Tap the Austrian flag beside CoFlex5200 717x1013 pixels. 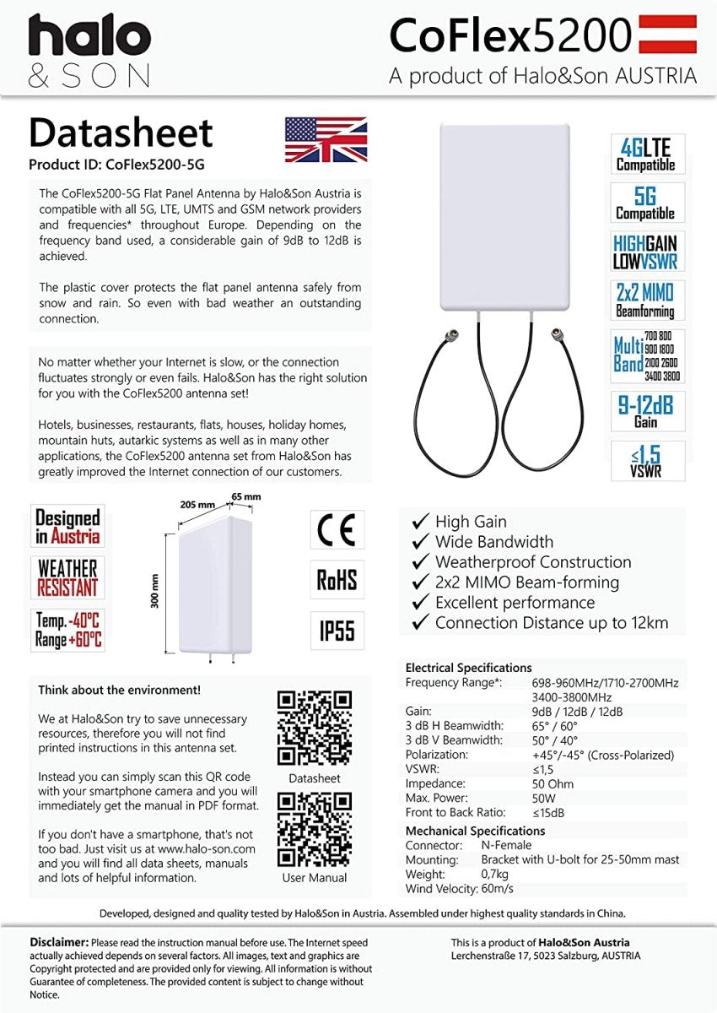[668, 35]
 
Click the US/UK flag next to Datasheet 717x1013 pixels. [326, 139]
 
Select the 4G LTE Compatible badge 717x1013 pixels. [647, 154]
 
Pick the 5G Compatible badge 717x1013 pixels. [647, 203]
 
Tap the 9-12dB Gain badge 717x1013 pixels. [647, 411]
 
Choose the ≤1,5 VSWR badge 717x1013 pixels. [647, 460]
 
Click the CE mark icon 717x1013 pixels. [337, 529]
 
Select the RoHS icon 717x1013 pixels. [337, 580]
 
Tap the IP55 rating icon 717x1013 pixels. [337, 631]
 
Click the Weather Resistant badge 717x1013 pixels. [67, 577]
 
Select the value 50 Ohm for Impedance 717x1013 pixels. [553, 784]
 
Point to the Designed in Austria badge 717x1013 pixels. [67, 527]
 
